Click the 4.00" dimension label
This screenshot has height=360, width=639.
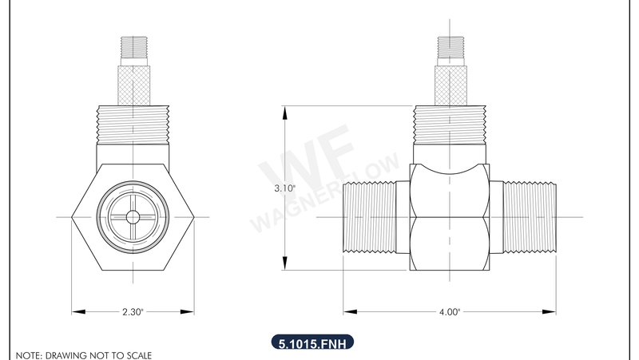tap(450, 313)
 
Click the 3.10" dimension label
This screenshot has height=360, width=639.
tap(285, 188)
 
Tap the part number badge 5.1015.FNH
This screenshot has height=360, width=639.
tap(312, 344)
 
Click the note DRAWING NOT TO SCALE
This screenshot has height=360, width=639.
tap(83, 354)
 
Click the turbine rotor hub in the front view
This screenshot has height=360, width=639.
tap(133, 217)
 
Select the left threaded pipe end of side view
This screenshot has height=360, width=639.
tap(370, 218)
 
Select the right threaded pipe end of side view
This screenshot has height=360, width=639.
tap(530, 218)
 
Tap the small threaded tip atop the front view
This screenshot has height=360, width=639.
tap(133, 49)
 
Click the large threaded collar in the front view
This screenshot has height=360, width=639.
tap(133, 125)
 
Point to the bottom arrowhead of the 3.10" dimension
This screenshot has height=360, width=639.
tap(285, 267)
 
